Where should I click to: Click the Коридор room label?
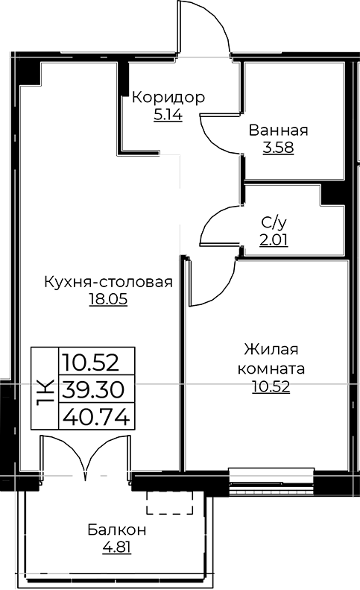pyautogui.click(x=168, y=98)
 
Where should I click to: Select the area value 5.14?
pyautogui.click(x=168, y=115)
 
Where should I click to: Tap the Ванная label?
pyautogui.click(x=278, y=131)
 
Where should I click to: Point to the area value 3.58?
pyautogui.click(x=278, y=148)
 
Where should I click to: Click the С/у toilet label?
pyautogui.click(x=274, y=223)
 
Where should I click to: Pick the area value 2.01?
pyautogui.click(x=274, y=239)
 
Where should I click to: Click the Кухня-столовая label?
pyautogui.click(x=108, y=282)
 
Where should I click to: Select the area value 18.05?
pyautogui.click(x=108, y=300)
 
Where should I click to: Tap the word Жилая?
pyautogui.click(x=271, y=349)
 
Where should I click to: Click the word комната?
pyautogui.click(x=271, y=368)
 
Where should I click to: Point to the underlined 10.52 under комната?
pyautogui.click(x=271, y=386)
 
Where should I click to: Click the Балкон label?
pyautogui.click(x=117, y=530)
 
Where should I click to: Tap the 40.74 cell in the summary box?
pyautogui.click(x=97, y=416)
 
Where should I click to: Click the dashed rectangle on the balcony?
pyautogui.click(x=170, y=502)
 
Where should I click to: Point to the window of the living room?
pyautogui.click(x=271, y=482)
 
